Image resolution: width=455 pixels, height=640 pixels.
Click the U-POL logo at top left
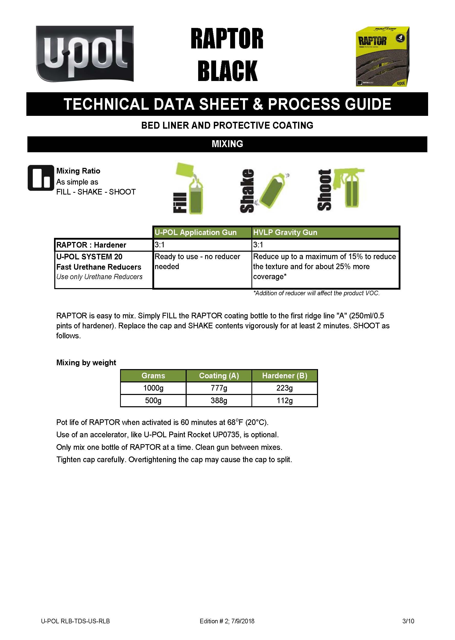coord(84,54)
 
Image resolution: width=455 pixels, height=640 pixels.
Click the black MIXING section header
coord(227,144)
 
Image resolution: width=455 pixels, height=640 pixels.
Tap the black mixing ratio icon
coord(41,178)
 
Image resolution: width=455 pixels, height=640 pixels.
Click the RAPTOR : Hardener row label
coord(91,245)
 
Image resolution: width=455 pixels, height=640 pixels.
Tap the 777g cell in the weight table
coord(219,388)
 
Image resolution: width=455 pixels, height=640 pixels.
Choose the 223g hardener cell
coord(284,388)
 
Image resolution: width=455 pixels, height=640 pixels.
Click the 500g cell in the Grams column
coord(153,401)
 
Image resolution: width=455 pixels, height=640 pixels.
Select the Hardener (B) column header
coord(284,376)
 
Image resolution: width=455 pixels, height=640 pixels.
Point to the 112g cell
coord(284,401)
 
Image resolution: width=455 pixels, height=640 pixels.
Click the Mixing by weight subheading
coord(86,363)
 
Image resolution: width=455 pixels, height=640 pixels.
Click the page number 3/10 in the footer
coord(408,621)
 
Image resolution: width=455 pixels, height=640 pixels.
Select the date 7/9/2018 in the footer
coord(243,621)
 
